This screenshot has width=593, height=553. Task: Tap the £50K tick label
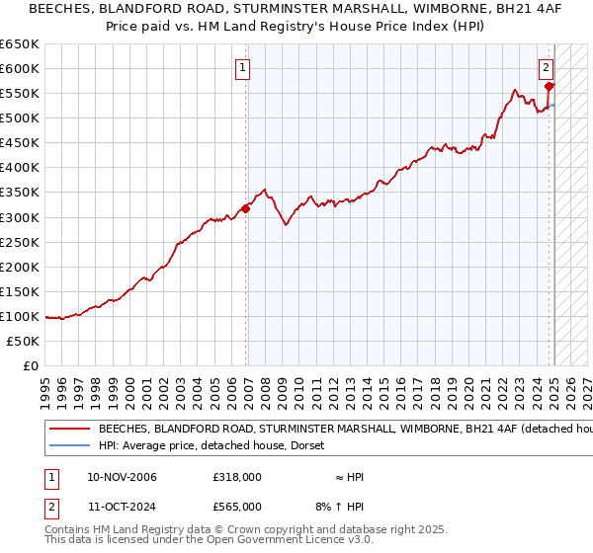[23, 341]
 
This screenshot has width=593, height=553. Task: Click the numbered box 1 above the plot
[242, 68]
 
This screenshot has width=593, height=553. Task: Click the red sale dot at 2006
[246, 207]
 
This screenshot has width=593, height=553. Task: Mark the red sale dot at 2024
[550, 87]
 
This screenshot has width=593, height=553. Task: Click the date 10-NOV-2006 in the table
[122, 477]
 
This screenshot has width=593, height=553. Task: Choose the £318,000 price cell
[237, 477]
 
